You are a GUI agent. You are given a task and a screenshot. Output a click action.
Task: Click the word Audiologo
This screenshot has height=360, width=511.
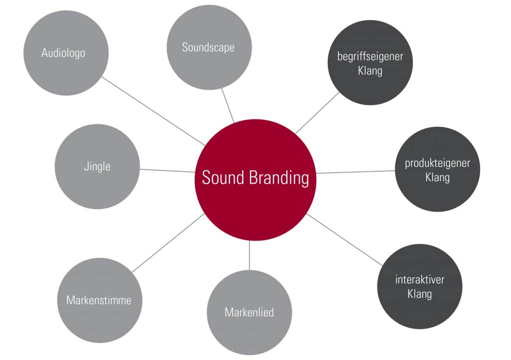point(63,53)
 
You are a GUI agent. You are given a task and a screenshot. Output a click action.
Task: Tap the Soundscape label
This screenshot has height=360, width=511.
point(208,47)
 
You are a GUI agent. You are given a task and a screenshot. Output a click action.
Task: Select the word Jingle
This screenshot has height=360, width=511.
point(97,167)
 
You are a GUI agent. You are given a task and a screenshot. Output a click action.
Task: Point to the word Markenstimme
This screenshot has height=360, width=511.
point(99,300)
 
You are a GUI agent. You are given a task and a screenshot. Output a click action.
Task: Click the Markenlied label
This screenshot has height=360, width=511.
point(250,313)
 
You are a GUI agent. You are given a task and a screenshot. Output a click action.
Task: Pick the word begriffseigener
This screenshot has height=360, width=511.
point(370,56)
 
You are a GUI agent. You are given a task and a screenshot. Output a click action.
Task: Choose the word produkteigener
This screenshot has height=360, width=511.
point(437,163)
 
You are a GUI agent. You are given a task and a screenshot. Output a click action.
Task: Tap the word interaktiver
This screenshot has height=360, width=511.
point(420,280)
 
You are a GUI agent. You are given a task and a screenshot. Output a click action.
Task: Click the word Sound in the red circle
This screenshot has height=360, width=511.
point(223,178)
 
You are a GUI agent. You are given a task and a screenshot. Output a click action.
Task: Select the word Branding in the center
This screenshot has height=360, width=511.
point(279,178)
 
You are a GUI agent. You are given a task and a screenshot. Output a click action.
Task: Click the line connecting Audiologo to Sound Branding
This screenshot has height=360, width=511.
point(153,111)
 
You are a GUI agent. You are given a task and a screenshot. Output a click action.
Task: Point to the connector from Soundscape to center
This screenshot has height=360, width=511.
point(228,105)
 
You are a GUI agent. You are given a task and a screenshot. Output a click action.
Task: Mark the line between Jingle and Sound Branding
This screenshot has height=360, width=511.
point(168,171)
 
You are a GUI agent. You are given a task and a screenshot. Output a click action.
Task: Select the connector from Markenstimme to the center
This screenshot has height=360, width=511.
point(168,243)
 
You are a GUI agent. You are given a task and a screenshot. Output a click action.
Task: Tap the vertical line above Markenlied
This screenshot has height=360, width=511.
point(250,255)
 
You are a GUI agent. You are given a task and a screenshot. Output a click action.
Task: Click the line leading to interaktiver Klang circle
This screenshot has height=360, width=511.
point(344,240)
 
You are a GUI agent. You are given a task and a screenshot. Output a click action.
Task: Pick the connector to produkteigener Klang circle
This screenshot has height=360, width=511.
point(355,172)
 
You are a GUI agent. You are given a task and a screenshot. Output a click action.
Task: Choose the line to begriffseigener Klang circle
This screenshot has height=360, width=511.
point(317,113)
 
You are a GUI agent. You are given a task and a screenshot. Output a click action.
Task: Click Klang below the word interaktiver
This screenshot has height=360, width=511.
point(420,294)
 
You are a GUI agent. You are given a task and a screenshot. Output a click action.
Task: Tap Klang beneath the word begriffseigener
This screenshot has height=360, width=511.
point(370,71)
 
